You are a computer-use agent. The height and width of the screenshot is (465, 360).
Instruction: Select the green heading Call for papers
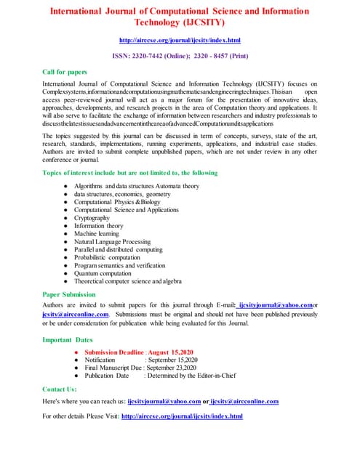tap(65, 72)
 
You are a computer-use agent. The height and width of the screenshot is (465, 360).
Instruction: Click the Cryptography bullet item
tap(92, 217)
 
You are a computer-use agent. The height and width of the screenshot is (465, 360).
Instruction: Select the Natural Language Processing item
tap(112, 241)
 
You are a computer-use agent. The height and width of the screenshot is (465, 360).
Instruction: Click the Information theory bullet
tap(100, 225)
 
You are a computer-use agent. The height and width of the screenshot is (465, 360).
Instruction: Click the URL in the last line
tap(182, 416)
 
